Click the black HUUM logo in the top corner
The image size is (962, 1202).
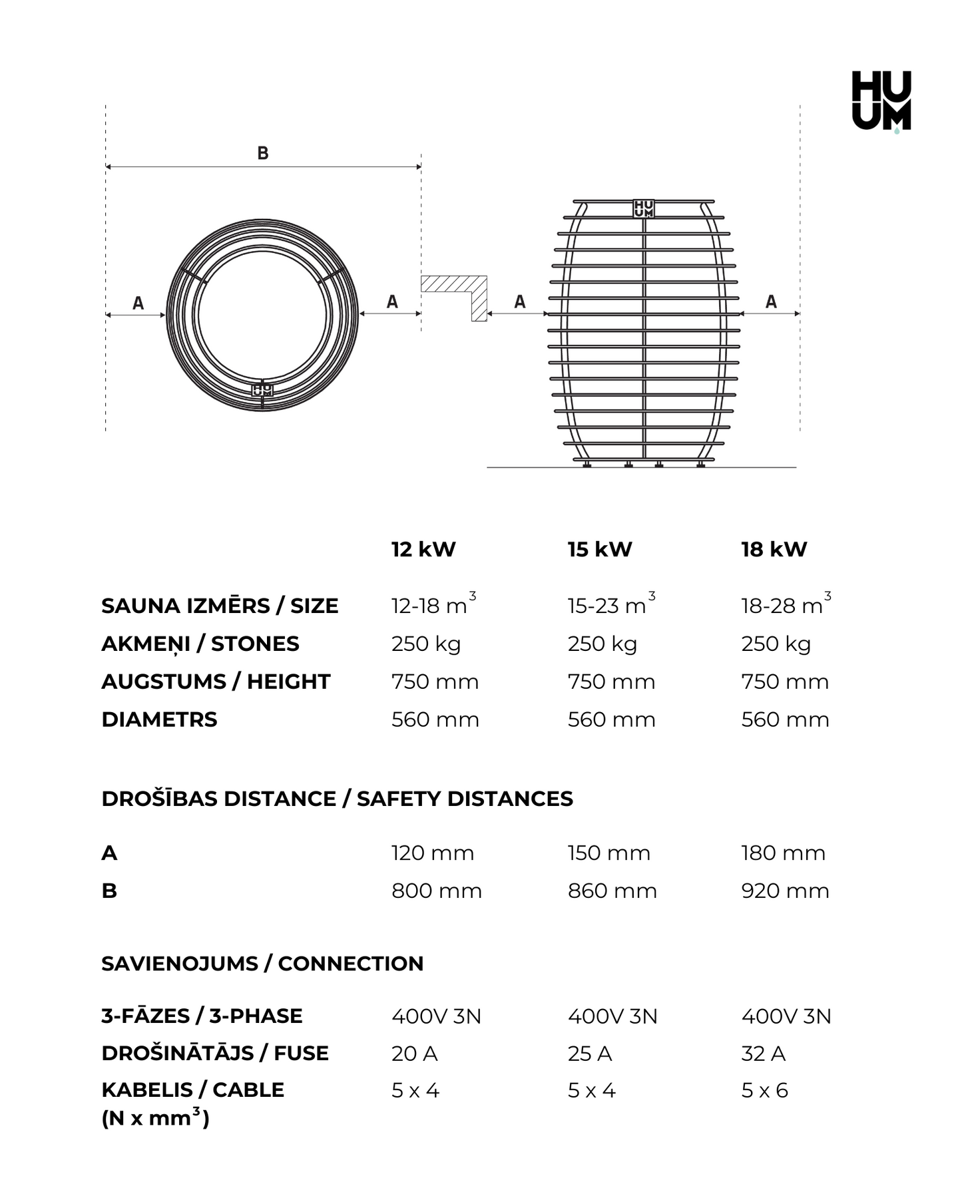point(881,100)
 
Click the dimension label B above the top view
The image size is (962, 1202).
point(263,153)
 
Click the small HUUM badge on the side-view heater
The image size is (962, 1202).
point(643,208)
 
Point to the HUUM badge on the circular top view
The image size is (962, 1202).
point(262,389)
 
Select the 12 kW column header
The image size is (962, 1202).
point(423,550)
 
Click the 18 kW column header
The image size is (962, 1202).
point(774,550)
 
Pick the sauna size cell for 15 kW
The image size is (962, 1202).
point(610,605)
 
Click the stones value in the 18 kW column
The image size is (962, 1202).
point(776,644)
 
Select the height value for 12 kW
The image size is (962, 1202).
point(435,682)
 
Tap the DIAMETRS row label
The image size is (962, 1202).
point(159,720)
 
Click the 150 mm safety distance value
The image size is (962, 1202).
point(608,853)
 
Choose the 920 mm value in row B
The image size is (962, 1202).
point(785,891)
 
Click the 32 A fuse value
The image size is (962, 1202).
point(763,1054)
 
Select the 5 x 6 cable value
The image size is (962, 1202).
point(764,1091)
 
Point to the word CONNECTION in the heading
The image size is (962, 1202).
point(350,964)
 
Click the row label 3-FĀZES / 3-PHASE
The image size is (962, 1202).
point(202,1016)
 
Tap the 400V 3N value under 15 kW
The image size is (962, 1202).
point(612,1017)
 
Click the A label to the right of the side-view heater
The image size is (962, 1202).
point(771,302)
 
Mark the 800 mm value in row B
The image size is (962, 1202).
point(436,891)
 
